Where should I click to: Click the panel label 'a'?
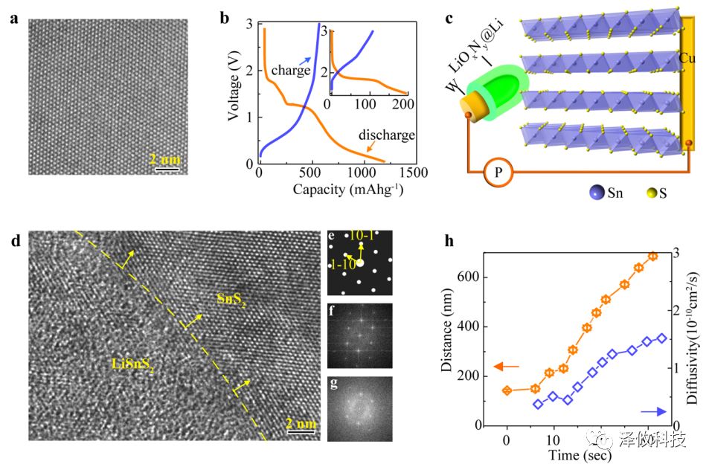pyautogui.click(x=13, y=20)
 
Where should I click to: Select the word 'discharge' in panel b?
pyautogui.click(x=386, y=136)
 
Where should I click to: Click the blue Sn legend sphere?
pyautogui.click(x=586, y=193)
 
